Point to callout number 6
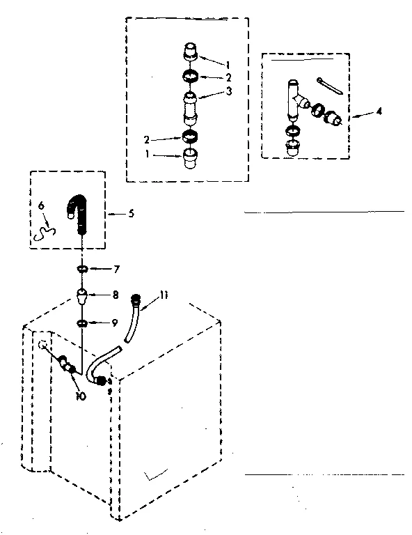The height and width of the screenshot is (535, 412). pos(41,206)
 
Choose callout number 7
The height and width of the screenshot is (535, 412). pos(116,268)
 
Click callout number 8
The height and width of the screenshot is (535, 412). pos(116,295)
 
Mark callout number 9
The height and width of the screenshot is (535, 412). pos(116,323)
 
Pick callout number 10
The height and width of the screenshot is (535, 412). pos(81,396)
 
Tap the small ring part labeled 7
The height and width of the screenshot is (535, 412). pos(82,268)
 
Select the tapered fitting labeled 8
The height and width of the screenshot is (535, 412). pos(82,297)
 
